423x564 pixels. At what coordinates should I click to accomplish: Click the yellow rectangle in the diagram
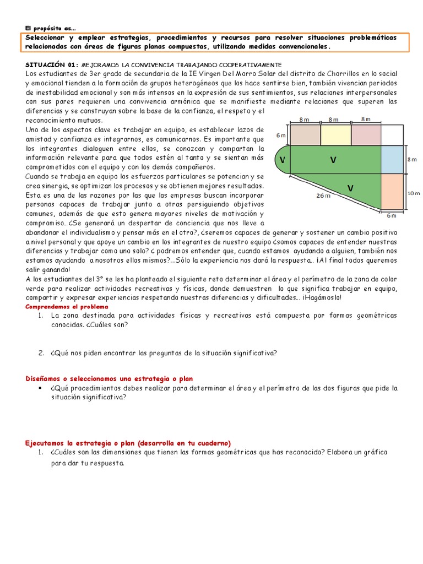(x=335, y=134)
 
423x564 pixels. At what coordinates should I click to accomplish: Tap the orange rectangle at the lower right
(x=392, y=192)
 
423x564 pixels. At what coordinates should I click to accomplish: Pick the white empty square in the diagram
(x=392, y=134)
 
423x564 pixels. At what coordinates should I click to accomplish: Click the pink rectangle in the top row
(x=366, y=134)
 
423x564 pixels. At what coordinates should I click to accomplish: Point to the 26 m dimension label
(x=323, y=195)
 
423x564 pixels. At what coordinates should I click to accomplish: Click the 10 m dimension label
(x=414, y=193)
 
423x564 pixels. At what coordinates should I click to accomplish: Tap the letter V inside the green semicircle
(x=282, y=160)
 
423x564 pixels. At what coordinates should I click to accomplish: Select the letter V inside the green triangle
(x=350, y=188)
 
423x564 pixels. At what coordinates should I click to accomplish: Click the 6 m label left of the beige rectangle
(x=281, y=135)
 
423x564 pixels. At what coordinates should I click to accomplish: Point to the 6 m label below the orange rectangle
(x=392, y=215)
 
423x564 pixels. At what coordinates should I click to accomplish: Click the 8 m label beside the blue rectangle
(x=413, y=159)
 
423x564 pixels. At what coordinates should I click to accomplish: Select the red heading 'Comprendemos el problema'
(x=67, y=306)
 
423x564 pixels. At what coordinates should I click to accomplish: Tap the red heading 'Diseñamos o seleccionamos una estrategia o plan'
(x=110, y=378)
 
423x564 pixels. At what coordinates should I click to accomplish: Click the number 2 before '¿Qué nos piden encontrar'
(x=41, y=353)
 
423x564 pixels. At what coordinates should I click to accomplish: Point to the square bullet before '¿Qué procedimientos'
(x=41, y=388)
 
